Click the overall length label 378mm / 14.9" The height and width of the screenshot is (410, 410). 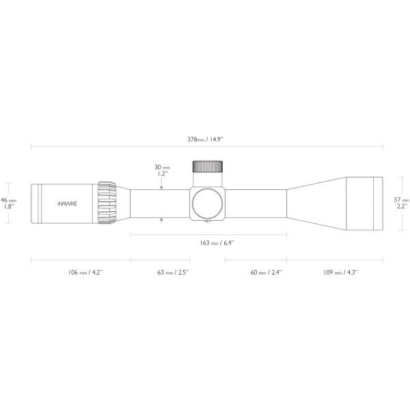(x=206, y=139)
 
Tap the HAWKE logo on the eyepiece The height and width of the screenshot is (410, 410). (x=66, y=204)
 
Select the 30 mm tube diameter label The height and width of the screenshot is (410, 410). (x=162, y=167)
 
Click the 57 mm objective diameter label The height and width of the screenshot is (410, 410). (x=401, y=199)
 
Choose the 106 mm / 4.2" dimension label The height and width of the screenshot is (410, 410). (x=81, y=272)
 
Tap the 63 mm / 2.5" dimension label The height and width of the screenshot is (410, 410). (x=173, y=272)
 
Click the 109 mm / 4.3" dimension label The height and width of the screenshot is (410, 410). (x=340, y=272)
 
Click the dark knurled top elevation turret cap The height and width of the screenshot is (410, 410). (x=208, y=167)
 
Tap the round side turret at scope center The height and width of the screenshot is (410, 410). (x=208, y=203)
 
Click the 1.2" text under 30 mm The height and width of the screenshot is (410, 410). (x=163, y=174)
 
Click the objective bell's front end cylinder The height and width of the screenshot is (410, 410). (x=364, y=203)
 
